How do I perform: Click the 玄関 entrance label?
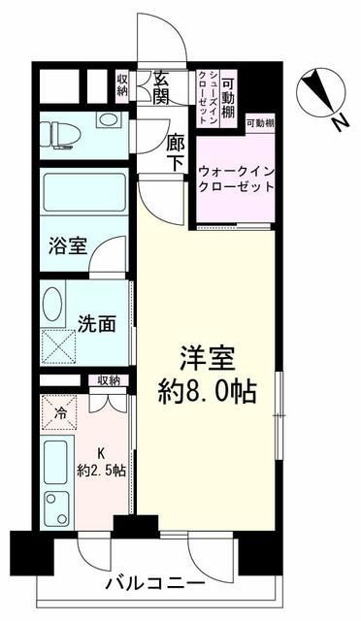(161, 89)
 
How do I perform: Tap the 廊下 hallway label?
(175, 152)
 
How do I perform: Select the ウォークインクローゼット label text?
(235, 178)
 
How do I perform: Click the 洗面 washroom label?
(91, 321)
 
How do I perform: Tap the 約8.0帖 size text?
(209, 393)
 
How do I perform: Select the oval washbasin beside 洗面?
(54, 304)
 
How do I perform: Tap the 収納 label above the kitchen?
(108, 380)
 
